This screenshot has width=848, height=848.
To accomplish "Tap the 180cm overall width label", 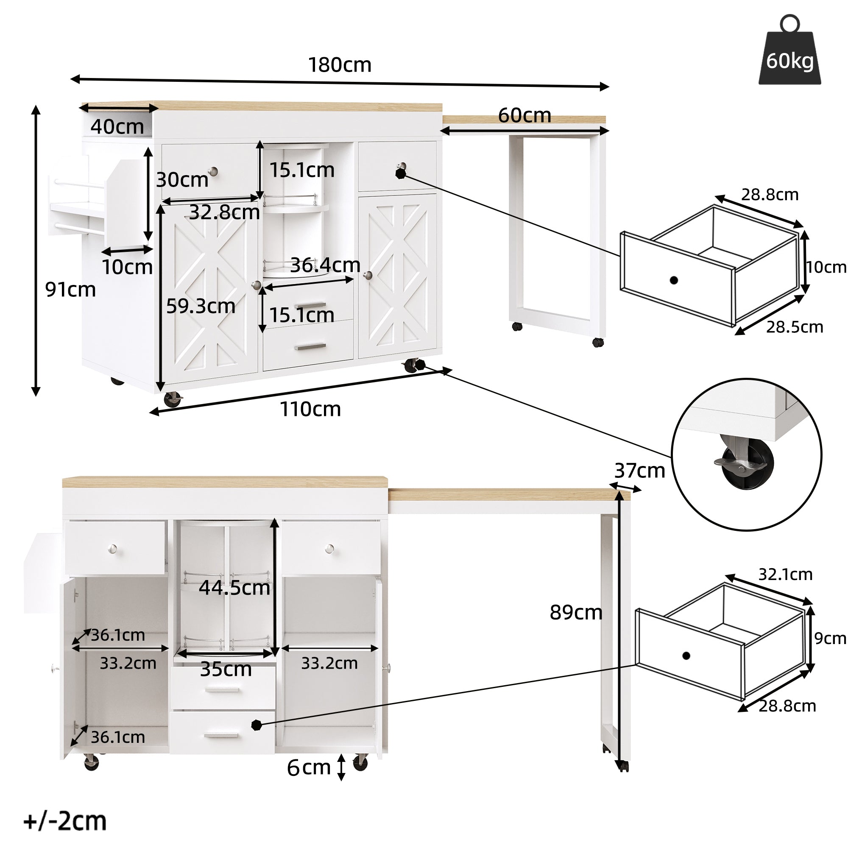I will coord(340,65).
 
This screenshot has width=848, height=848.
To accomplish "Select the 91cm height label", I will coord(70,290).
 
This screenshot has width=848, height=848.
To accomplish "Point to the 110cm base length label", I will coord(310,409).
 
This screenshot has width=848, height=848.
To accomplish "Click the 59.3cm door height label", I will coord(201,306).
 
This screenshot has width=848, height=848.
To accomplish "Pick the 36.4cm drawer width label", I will coord(325,265).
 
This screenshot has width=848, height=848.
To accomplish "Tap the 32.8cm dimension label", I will coord(224,212).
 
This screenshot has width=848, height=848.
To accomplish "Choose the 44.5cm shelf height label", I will coord(234,588).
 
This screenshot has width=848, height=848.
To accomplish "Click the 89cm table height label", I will coord(576,612).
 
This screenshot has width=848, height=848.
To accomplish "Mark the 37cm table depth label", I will coord(639,471).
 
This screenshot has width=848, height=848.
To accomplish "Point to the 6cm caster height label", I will coord(309,768).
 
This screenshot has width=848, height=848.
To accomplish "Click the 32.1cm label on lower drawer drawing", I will coord(785,574).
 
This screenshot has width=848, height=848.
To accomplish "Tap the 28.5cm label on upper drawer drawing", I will coord(795,327).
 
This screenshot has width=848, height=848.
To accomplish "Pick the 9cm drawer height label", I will coord(830,638).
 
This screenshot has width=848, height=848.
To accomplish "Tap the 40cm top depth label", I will coord(117,127).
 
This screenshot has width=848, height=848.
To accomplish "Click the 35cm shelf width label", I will coord(226,669).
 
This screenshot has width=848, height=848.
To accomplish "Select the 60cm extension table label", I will coord(524,115).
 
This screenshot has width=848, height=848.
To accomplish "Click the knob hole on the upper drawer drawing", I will coord(674,280).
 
